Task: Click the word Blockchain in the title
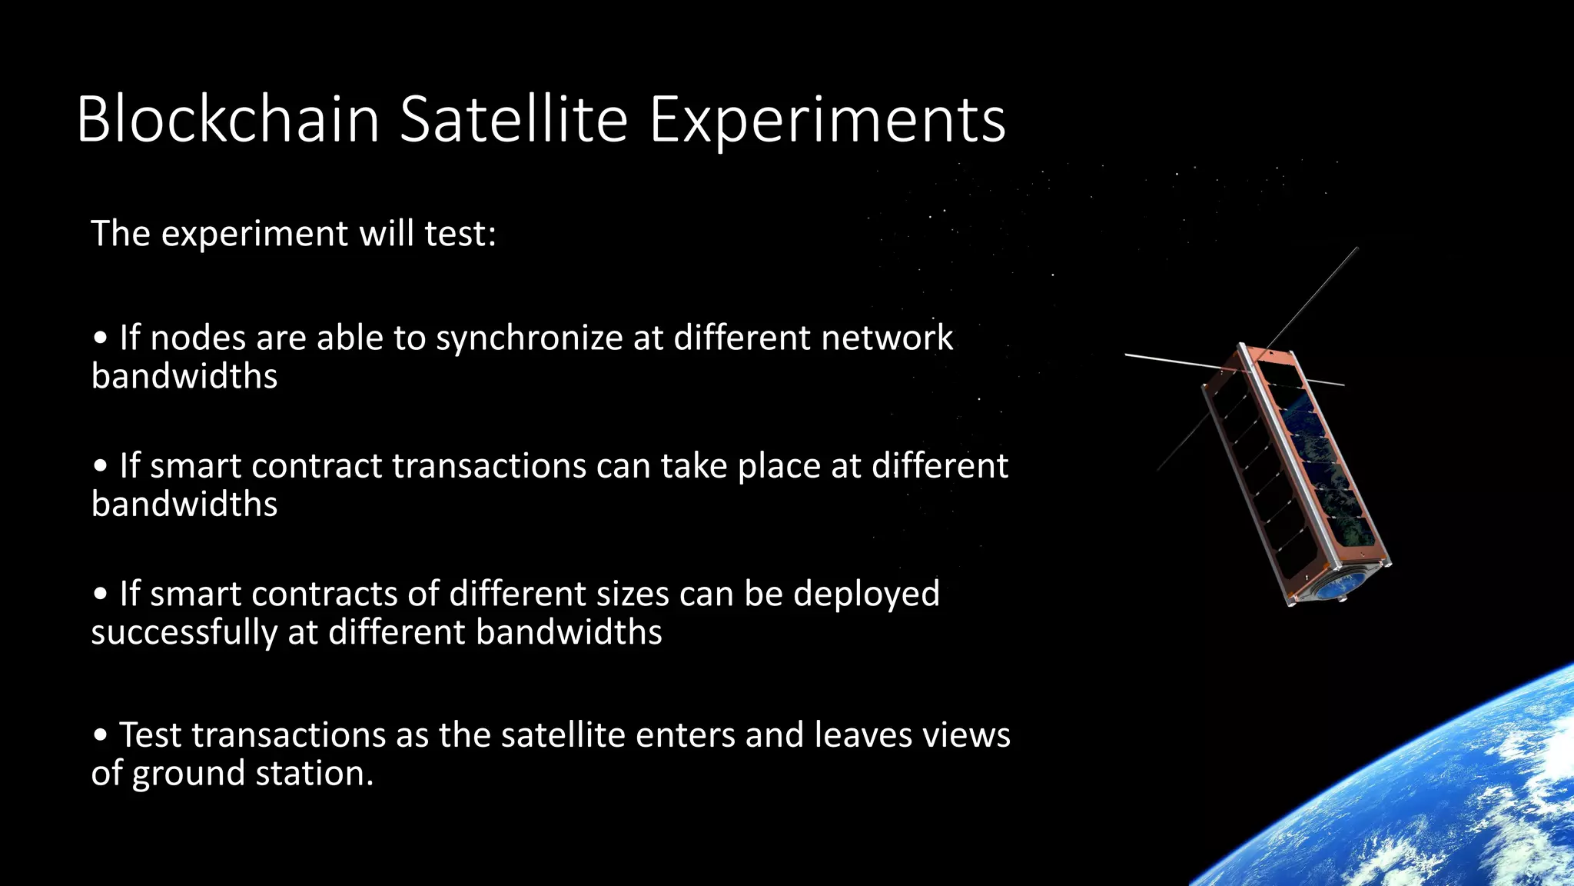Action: coord(228,120)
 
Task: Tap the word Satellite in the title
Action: coord(513,120)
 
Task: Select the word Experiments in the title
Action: coord(827,122)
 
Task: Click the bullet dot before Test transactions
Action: coord(101,736)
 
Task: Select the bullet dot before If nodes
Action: coord(101,339)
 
